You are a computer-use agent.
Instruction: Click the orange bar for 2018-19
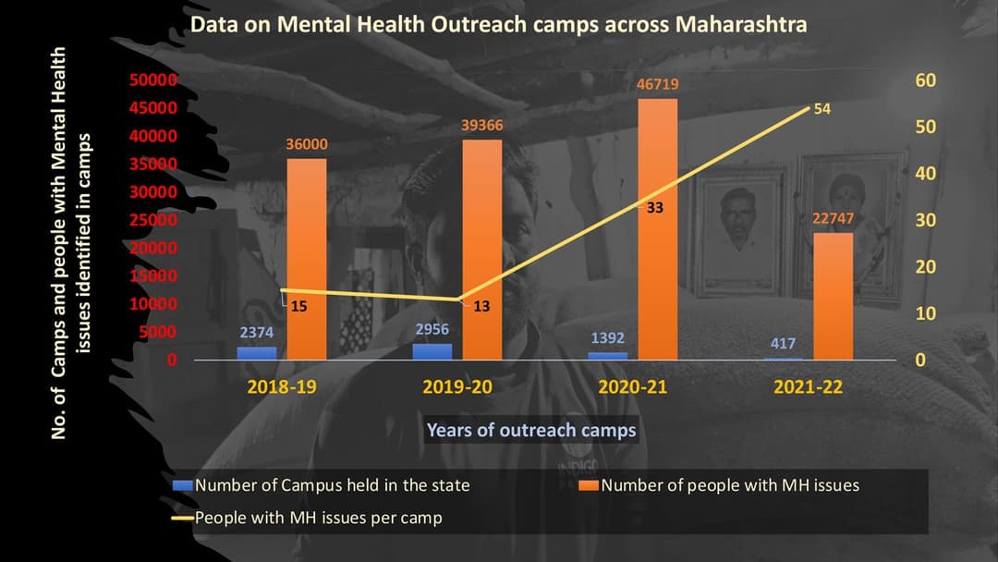point(306,259)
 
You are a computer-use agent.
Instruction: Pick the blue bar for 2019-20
point(432,351)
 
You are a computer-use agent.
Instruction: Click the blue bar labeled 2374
point(257,353)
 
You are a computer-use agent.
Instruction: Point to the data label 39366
point(481,126)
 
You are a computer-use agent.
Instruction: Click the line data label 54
point(822,109)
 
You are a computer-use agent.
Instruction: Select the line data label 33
point(654,208)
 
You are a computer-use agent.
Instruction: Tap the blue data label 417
point(782,344)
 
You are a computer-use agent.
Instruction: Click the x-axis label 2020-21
point(633,386)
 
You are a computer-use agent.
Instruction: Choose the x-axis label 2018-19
point(282,386)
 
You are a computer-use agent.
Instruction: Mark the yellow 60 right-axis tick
point(925,80)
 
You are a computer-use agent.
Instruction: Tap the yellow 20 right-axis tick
point(925,267)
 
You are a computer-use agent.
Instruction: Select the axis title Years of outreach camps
point(531,430)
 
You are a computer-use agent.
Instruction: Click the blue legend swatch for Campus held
point(183,483)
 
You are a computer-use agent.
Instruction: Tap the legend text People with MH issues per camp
point(318,518)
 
